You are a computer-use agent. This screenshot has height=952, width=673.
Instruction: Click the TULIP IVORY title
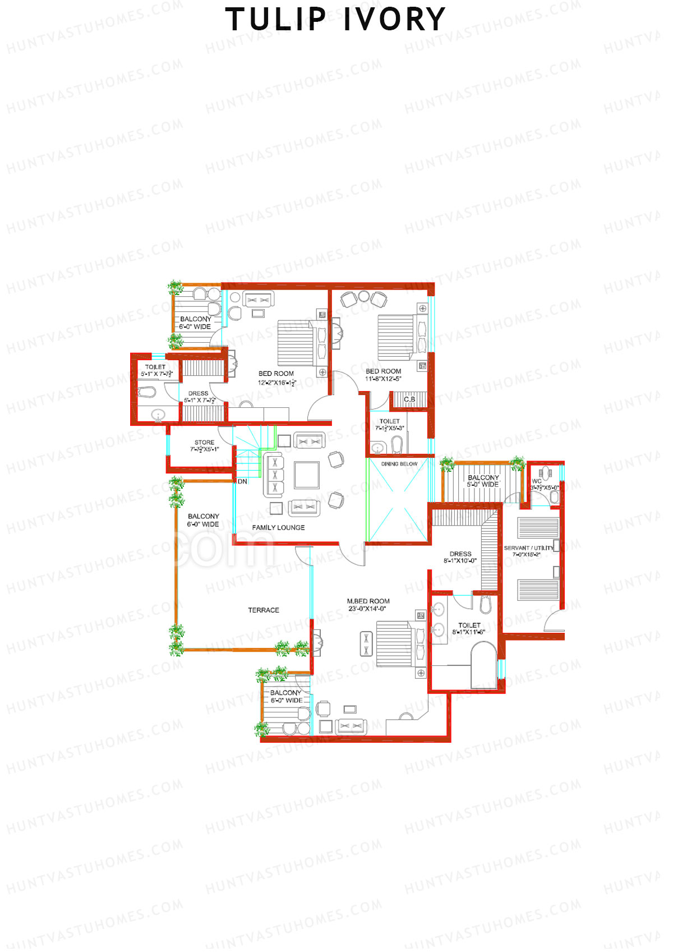coord(335,20)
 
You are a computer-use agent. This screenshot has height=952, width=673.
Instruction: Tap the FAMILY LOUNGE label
coord(278,527)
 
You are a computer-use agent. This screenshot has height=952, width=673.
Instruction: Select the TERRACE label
coord(263,610)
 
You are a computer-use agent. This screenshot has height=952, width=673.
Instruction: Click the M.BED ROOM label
coord(368,601)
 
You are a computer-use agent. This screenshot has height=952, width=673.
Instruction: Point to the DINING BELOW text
coord(399,464)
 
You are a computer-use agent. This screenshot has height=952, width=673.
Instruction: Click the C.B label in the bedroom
coord(409,399)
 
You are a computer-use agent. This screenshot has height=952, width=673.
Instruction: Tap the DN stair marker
coord(242,481)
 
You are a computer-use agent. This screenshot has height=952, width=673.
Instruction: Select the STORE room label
coord(204,442)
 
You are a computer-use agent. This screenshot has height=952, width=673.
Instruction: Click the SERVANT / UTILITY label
coord(528,548)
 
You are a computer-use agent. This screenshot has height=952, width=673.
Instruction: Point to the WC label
coord(537,481)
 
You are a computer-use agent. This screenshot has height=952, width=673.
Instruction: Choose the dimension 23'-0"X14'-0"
coord(367,609)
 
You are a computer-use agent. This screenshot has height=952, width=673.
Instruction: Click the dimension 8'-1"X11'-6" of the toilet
coord(469,632)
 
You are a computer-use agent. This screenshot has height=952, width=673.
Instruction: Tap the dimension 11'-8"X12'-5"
coord(384,379)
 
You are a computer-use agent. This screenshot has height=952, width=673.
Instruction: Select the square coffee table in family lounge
coord(307,475)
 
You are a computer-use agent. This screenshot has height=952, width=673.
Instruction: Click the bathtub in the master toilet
coord(483,665)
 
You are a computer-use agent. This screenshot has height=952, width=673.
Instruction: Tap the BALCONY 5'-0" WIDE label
coord(483,481)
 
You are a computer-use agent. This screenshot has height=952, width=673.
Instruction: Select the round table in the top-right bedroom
coord(364,296)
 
